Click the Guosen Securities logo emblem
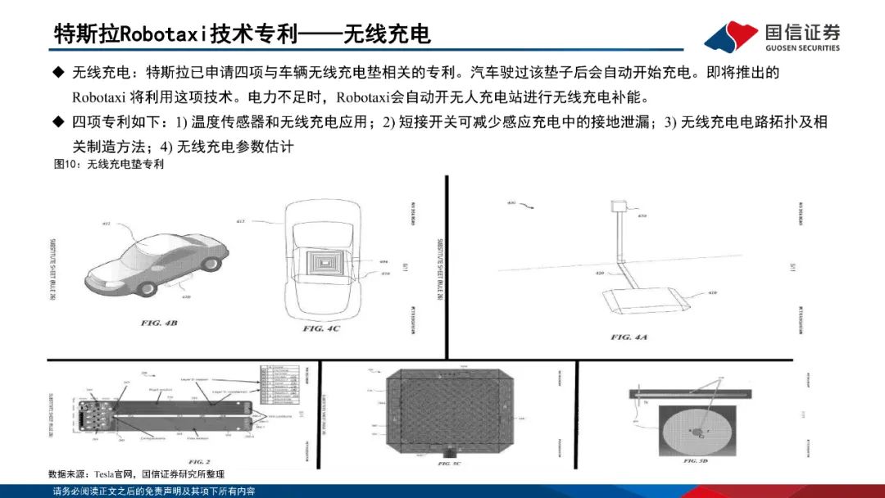(732, 36)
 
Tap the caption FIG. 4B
(159, 324)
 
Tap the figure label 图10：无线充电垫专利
(108, 164)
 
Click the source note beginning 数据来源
(136, 474)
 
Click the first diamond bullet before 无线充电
(58, 73)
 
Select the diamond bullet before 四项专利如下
(58, 122)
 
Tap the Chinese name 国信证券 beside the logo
(802, 31)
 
